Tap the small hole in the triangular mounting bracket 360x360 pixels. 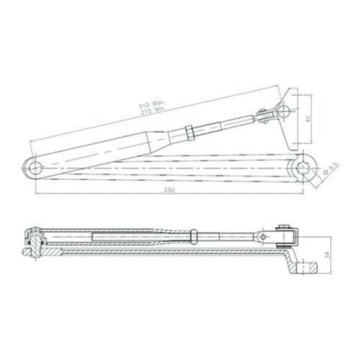[x=283, y=110]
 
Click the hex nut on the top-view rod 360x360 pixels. [x=191, y=133]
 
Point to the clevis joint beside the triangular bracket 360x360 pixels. [x=264, y=117]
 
